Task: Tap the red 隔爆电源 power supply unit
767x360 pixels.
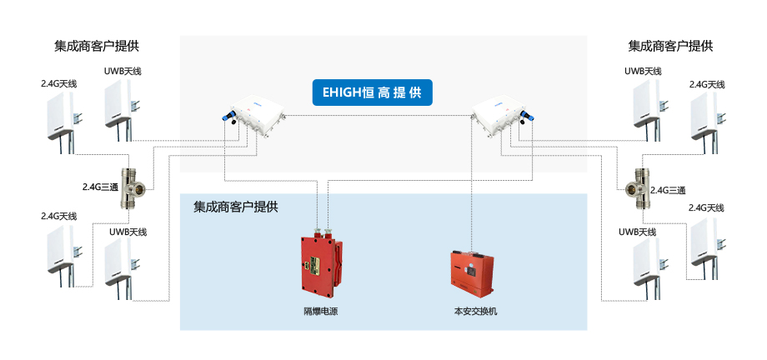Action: [x=320, y=265]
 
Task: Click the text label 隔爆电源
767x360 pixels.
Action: [x=320, y=311]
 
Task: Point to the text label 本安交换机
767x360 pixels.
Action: [x=474, y=311]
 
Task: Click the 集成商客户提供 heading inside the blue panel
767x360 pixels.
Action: [x=235, y=206]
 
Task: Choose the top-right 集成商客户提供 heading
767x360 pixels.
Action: [x=670, y=46]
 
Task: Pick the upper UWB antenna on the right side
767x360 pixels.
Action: [x=645, y=104]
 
